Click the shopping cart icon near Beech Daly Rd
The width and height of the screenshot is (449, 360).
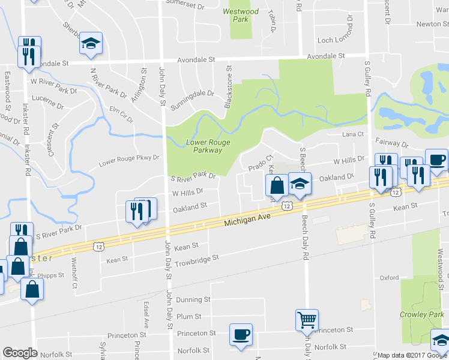pos(307,319)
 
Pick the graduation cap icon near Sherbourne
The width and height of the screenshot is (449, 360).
pos(91,43)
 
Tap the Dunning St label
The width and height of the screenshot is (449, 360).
pos(193,299)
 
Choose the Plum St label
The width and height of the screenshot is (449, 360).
pos(188,316)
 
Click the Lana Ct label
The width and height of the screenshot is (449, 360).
pos(353,134)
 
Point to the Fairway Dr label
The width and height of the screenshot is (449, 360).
pos(391,145)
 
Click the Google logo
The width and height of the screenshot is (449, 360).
pos(20,353)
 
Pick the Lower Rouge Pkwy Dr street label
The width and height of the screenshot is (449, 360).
pos(129,158)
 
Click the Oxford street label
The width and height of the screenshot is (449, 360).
pos(389,278)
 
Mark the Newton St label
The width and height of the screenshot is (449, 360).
pos(432,24)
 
